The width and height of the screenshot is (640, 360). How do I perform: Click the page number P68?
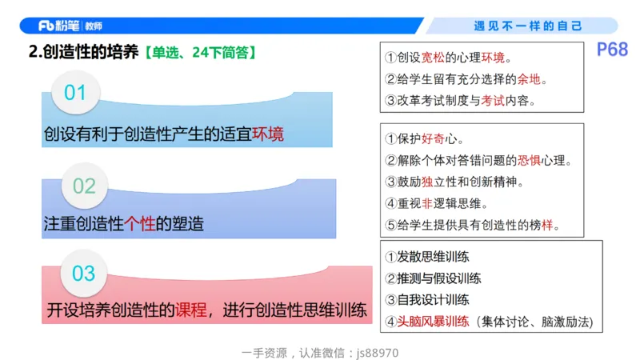[x=612, y=50]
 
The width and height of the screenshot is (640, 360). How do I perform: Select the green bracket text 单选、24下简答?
[x=200, y=53]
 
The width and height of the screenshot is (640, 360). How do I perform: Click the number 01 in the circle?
[x=75, y=93]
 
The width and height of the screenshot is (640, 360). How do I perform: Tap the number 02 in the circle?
[x=84, y=186]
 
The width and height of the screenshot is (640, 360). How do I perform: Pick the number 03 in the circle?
[x=84, y=274]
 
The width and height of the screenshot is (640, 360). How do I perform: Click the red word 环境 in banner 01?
[x=268, y=134]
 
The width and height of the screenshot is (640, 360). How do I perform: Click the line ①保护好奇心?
[x=425, y=138]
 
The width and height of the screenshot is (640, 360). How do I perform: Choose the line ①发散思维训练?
[x=427, y=257]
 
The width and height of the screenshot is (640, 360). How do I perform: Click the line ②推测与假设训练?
[x=433, y=278]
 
